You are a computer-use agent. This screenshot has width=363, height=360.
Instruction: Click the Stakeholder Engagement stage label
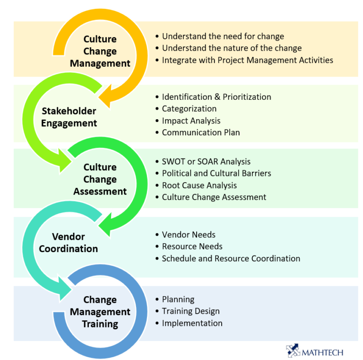[69, 117]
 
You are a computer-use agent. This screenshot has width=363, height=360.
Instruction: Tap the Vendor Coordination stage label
[69, 243]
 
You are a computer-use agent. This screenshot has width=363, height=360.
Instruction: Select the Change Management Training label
[100, 312]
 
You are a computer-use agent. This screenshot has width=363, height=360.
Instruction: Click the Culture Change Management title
[100, 51]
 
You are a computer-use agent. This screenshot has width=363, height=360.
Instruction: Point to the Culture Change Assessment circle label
[100, 179]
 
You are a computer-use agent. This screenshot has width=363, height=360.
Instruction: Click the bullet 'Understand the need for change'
[223, 36]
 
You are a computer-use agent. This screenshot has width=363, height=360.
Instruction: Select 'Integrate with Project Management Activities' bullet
[247, 60]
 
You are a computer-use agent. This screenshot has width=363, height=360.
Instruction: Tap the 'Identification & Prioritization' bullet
[216, 97]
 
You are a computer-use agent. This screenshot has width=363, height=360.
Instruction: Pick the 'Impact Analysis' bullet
[191, 121]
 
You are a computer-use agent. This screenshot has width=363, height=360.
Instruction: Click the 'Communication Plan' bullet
[201, 132]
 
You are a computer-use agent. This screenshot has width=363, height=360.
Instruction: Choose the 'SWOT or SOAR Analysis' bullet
[206, 162]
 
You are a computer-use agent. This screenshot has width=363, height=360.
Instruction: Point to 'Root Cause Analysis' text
[199, 185]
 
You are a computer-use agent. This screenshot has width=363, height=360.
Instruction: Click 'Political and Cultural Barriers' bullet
[216, 173]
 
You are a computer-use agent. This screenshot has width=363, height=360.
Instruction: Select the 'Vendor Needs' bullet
[189, 235]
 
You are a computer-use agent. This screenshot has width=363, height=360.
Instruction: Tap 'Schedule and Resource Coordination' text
[231, 258]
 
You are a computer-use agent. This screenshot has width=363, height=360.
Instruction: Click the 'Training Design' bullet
[190, 311]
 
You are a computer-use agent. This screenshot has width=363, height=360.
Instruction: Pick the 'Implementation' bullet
[192, 323]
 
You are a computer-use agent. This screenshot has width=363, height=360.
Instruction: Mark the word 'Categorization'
[189, 109]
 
